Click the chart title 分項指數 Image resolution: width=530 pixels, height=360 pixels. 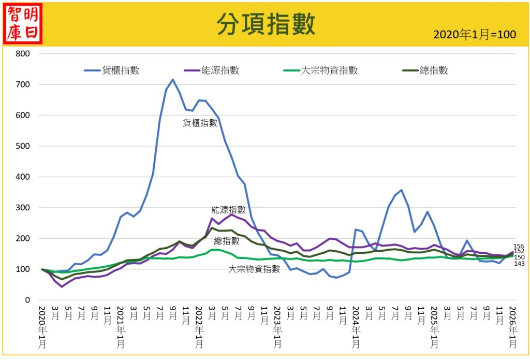click(x=265, y=23)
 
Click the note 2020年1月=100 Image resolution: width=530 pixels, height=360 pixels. click(x=474, y=35)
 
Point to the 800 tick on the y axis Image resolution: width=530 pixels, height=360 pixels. click(x=23, y=53)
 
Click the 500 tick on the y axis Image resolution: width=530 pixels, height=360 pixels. click(x=23, y=146)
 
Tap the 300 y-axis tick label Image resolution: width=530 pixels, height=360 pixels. click(x=23, y=208)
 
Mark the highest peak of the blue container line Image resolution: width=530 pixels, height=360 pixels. click(x=173, y=80)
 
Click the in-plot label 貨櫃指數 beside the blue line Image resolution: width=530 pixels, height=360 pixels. click(x=200, y=123)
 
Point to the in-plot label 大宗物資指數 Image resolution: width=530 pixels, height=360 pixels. click(x=254, y=269)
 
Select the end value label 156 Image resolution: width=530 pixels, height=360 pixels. click(x=519, y=247)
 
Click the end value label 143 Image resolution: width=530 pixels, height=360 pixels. click(x=519, y=264)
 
